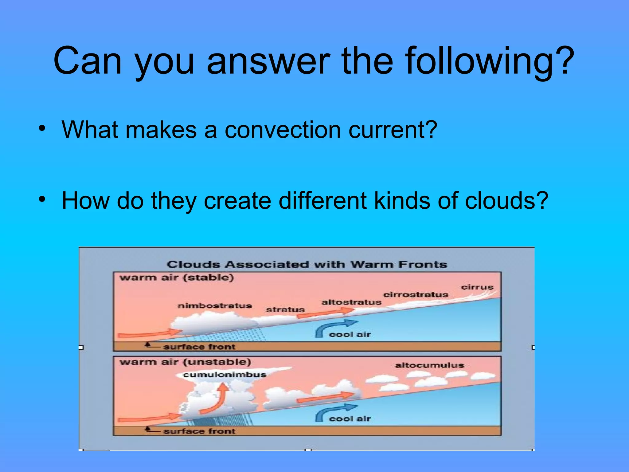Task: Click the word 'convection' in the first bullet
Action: (x=283, y=130)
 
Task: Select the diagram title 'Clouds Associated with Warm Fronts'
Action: (x=307, y=265)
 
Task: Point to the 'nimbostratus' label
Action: (x=215, y=306)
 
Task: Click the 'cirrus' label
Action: (x=477, y=287)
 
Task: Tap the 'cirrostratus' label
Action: (x=415, y=295)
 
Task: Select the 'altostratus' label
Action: (x=351, y=302)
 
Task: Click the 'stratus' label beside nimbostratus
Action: (x=285, y=310)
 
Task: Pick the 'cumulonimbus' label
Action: (x=224, y=375)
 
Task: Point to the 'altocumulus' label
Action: (x=429, y=365)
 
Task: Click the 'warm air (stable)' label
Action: (x=177, y=278)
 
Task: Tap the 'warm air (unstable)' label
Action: (x=185, y=362)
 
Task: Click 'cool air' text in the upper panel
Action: (x=350, y=334)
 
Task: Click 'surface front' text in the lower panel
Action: (x=199, y=431)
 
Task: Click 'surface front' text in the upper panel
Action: (x=199, y=347)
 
